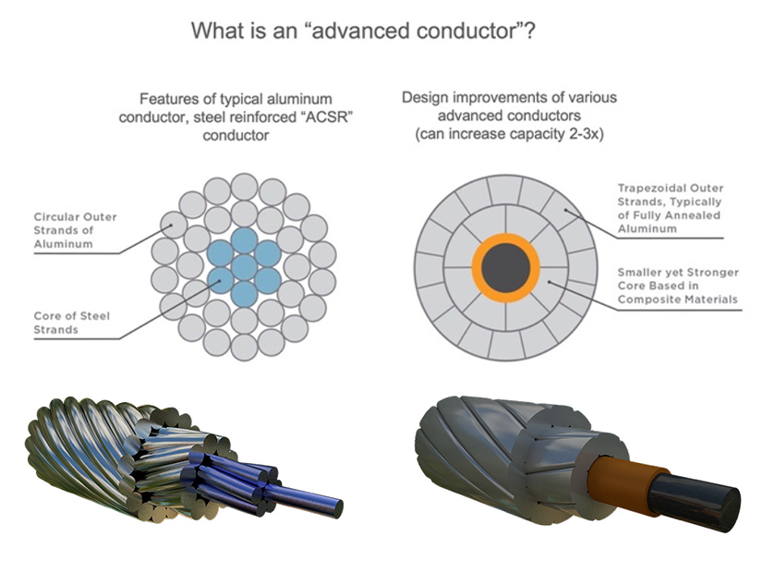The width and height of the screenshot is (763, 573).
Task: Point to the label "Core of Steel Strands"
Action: [71, 323]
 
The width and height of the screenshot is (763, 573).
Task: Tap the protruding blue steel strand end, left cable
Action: [328, 506]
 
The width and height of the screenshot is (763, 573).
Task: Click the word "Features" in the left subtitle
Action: [166, 98]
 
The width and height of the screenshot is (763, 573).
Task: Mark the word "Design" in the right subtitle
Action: [423, 97]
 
